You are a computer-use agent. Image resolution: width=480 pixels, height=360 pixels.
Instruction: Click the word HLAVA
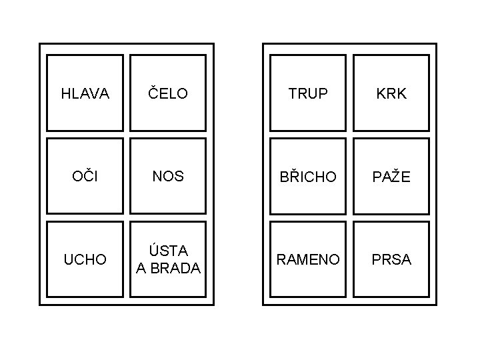(85, 94)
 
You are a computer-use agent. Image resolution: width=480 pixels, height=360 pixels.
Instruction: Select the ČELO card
(168, 93)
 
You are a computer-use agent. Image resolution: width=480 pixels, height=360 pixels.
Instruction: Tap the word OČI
(85, 177)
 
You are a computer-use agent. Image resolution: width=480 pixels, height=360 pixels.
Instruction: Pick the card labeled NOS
(168, 177)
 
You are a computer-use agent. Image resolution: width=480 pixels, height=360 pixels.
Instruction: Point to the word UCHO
(85, 260)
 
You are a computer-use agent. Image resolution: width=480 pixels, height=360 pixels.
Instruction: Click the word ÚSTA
(169, 251)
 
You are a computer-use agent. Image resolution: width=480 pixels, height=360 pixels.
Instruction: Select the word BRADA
(175, 268)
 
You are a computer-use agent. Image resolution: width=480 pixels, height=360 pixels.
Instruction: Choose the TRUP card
(308, 93)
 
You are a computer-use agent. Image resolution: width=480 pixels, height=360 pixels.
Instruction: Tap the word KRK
(391, 93)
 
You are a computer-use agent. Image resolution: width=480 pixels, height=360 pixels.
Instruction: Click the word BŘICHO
(308, 177)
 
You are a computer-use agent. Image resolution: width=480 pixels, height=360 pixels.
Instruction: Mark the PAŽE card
(391, 177)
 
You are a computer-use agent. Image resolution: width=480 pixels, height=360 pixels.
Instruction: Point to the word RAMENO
(308, 259)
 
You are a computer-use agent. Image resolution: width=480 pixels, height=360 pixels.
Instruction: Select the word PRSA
(391, 259)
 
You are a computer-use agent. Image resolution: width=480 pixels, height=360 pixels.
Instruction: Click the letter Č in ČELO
(153, 93)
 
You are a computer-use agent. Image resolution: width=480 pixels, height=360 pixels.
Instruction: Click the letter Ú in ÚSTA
(155, 251)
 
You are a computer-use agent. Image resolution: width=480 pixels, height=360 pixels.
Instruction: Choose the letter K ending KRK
(401, 94)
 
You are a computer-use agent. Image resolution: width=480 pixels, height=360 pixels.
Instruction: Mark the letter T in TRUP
(293, 94)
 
